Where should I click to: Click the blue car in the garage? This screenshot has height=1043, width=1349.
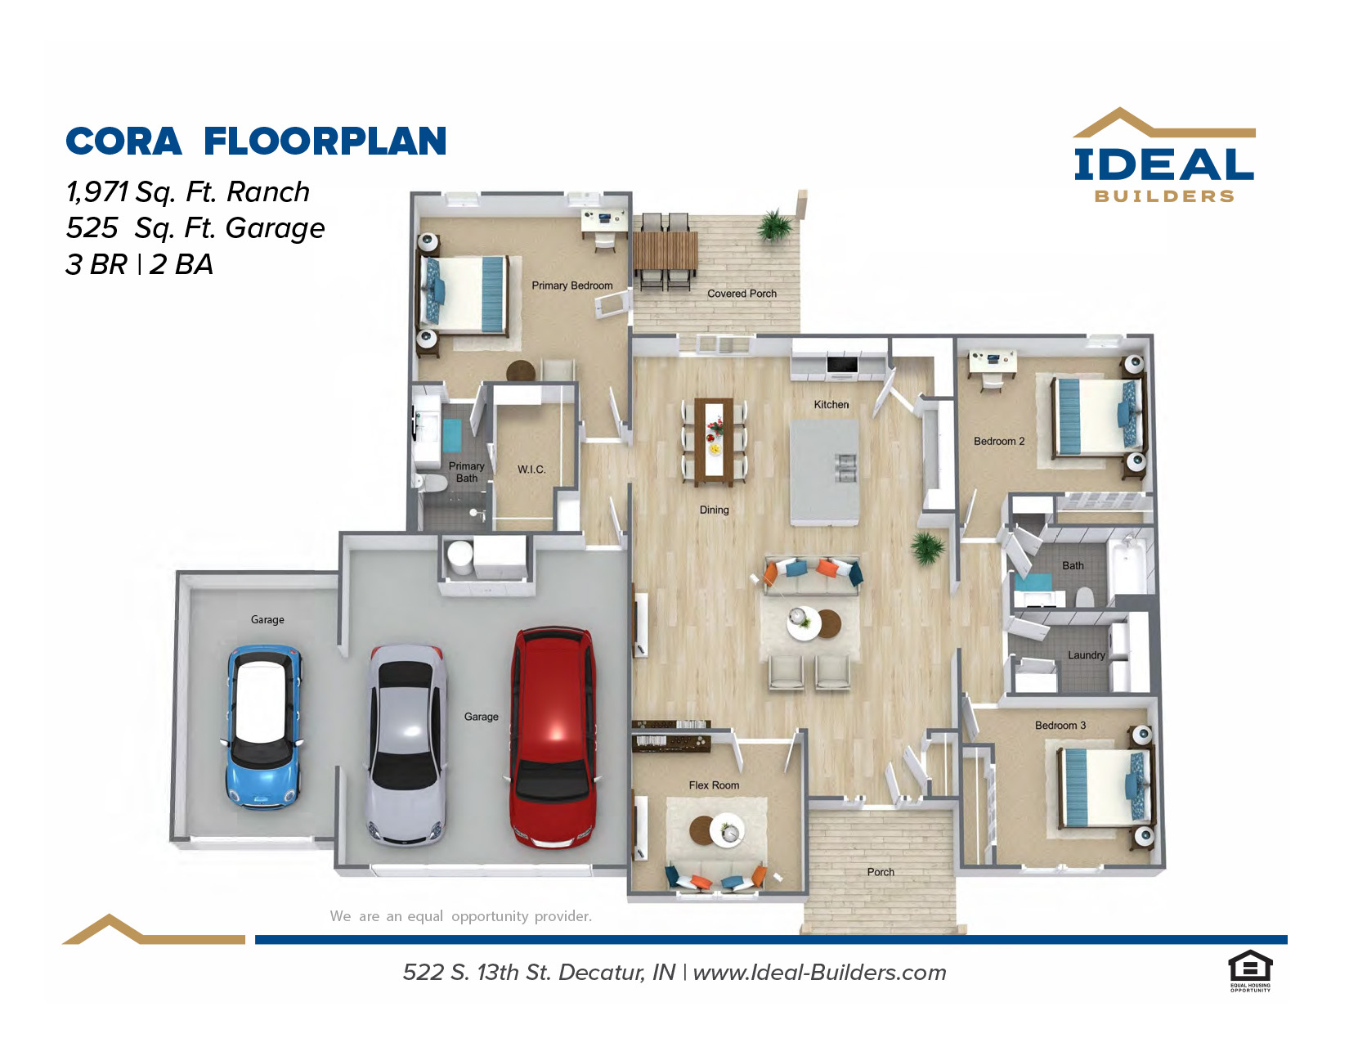pos(263,726)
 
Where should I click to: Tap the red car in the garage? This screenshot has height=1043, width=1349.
pos(553,737)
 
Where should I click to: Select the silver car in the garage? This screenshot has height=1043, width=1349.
pos(407,744)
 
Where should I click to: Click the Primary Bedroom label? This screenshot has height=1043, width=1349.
pos(571,285)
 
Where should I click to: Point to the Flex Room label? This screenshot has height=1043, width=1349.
pos(714,785)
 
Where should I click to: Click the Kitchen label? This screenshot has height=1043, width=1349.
pos(831,404)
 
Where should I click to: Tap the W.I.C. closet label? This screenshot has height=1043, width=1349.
pos(531,469)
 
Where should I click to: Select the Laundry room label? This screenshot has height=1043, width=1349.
pos(1086,654)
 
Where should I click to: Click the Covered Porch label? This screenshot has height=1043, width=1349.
pos(742,293)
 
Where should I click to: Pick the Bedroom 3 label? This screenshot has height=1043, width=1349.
pos(1060,725)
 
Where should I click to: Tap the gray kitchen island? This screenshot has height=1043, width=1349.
pos(824,471)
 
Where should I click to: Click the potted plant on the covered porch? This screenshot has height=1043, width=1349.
pos(774,225)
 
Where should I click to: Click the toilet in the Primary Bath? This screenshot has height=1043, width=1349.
pos(431,483)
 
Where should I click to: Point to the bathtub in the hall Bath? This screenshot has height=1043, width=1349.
pos(1128,567)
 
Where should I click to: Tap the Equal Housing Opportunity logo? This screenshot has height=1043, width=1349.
pos(1250,971)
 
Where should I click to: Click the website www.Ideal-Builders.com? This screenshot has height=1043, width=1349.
pos(819,972)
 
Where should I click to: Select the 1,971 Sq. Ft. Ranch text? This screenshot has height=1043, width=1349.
pos(187,192)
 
